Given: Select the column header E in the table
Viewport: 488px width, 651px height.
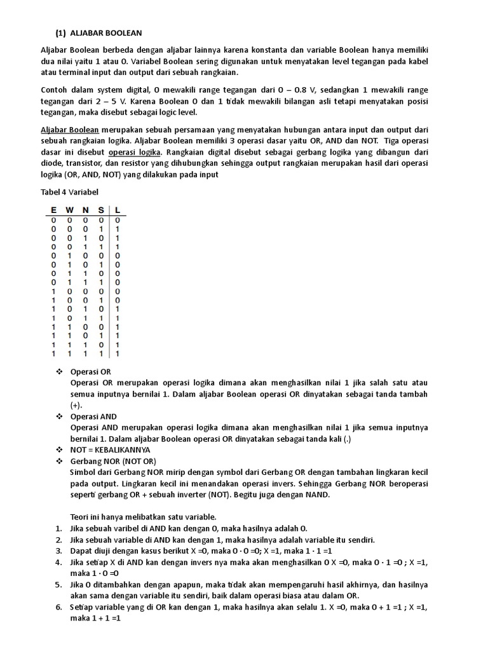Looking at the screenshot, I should coord(53,210).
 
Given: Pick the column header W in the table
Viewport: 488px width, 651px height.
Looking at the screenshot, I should coord(69,210).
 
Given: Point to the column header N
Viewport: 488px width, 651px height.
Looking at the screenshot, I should coord(86,210).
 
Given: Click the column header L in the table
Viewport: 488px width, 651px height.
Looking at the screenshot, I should coord(118,210).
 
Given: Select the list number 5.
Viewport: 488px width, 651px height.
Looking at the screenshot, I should coord(58,584).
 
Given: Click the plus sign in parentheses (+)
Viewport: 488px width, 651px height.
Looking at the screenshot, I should coord(77,406).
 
